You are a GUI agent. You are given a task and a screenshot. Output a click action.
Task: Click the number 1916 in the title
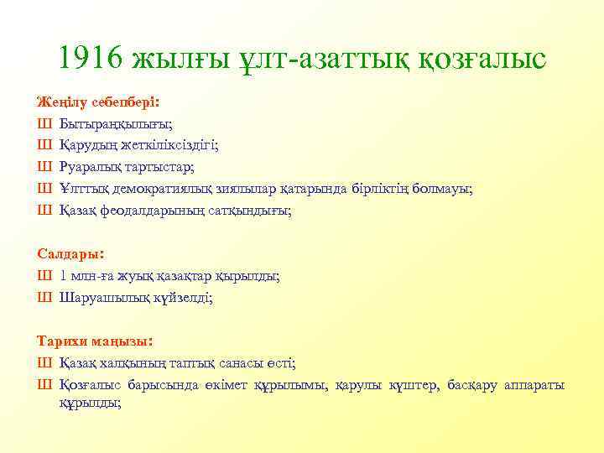[x=91, y=59]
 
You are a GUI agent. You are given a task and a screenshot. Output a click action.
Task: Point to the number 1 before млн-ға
[x=64, y=275]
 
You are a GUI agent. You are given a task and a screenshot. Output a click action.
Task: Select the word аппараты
[x=534, y=384]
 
